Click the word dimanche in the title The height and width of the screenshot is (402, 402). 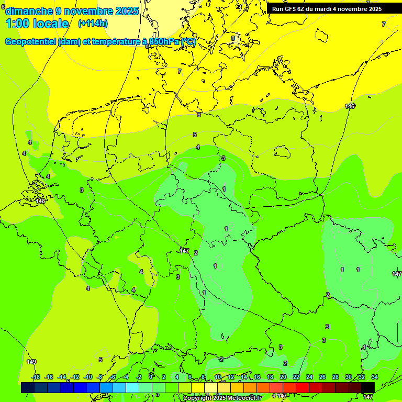click(x=29, y=10)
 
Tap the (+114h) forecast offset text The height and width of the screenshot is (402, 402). click(x=93, y=23)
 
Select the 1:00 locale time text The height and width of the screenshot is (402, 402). click(x=37, y=24)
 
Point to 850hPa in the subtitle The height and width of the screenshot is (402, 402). click(x=161, y=42)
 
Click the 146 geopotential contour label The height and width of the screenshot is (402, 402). click(x=350, y=106)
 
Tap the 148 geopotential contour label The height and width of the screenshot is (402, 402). click(x=40, y=201)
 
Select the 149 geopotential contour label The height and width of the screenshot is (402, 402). click(x=31, y=362)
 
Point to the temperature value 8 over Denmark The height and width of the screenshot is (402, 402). click(x=233, y=38)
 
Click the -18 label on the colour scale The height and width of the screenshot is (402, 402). click(x=36, y=377)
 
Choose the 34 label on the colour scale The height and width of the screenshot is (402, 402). click(x=375, y=377)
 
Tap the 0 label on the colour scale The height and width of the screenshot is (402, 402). click(x=151, y=377)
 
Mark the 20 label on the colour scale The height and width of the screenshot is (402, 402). click(x=283, y=377)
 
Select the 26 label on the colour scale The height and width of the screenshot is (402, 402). click(x=322, y=377)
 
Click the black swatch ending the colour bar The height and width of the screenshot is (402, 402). click(x=367, y=387)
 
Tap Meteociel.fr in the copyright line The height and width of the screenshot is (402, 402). click(x=243, y=398)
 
